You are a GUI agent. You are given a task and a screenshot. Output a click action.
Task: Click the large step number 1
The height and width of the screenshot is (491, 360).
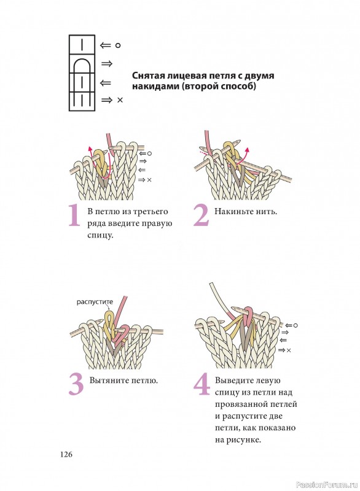pos(74,215)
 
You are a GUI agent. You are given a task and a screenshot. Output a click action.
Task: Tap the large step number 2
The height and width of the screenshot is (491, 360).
pos(201,215)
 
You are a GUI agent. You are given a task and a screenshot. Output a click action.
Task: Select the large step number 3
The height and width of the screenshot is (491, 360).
pos(76,385)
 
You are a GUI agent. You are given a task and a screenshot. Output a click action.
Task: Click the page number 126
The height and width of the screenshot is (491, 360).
pos(66,454)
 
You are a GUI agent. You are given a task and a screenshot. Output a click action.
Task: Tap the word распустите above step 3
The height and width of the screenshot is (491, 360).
pos(95,302)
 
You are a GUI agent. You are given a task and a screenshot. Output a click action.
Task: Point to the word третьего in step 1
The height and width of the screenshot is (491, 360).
pos(151,212)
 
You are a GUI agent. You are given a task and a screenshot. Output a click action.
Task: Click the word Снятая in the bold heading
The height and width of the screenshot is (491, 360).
pos(147,75)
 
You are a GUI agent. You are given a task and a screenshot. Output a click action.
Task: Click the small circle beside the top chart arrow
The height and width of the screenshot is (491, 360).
pos(118,45)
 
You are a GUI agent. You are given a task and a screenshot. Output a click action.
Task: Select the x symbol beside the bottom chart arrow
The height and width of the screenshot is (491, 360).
pos(120,100)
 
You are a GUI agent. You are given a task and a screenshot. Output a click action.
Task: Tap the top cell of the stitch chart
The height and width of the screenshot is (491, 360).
pos(82,44)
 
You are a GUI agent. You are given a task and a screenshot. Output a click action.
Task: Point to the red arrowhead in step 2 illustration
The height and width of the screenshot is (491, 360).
pos(246,149)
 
